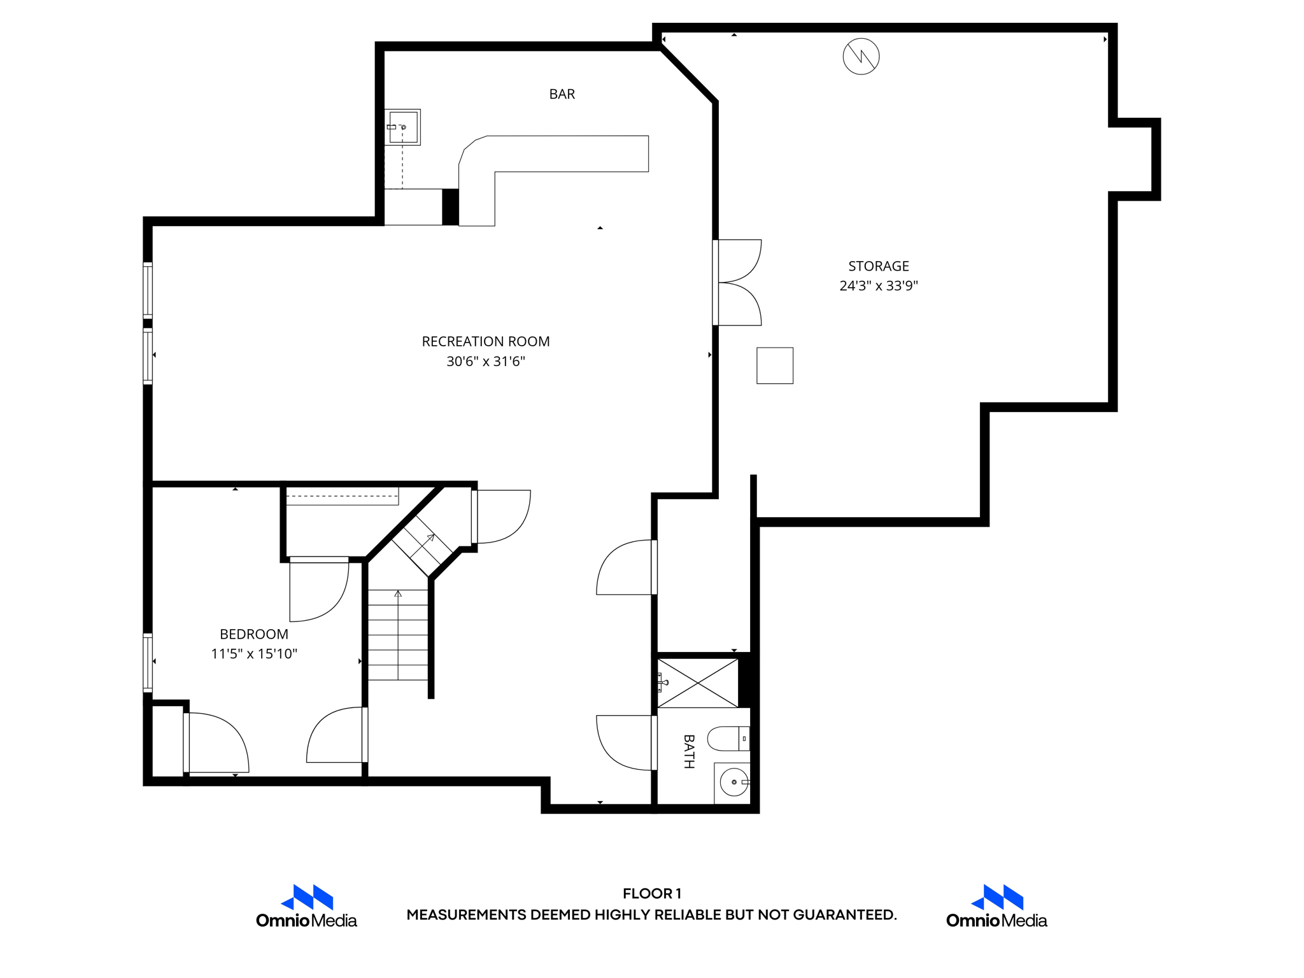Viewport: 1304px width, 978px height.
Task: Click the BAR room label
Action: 562,94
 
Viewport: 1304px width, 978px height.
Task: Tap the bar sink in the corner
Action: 403,127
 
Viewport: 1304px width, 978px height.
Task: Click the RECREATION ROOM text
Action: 485,341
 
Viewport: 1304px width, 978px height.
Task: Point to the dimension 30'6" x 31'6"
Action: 485,362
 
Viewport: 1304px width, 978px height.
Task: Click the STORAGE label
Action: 878,266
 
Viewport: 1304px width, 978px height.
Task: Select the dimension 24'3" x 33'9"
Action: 878,286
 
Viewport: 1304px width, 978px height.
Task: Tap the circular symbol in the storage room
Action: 861,57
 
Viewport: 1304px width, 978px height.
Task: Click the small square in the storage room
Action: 774,365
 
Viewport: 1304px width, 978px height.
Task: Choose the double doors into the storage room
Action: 737,283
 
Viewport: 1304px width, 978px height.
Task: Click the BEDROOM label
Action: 253,634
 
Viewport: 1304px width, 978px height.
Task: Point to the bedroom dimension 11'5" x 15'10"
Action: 253,654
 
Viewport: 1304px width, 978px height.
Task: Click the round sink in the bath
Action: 733,782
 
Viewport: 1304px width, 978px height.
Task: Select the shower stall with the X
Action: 698,683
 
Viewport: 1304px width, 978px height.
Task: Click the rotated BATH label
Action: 688,751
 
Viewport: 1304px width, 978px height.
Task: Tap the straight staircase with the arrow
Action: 398,635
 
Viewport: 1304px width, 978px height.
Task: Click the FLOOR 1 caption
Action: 651,893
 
